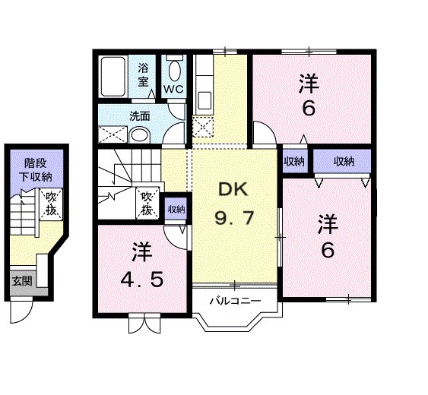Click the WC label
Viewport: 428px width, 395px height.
click(x=174, y=90)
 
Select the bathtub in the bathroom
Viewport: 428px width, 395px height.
click(x=116, y=77)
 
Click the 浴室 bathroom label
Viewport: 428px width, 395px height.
click(x=143, y=74)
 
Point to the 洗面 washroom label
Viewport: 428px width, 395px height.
click(x=139, y=116)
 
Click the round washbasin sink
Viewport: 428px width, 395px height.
click(x=138, y=135)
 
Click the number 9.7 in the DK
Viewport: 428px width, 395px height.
click(x=233, y=220)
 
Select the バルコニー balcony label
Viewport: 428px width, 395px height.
click(x=235, y=301)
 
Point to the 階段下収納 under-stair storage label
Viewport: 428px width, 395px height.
click(x=37, y=169)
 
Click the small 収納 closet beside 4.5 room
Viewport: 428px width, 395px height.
click(x=176, y=209)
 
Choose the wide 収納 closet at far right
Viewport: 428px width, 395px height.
click(x=344, y=161)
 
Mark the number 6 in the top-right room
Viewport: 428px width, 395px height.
click(x=309, y=108)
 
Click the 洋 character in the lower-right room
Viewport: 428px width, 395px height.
click(x=328, y=223)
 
